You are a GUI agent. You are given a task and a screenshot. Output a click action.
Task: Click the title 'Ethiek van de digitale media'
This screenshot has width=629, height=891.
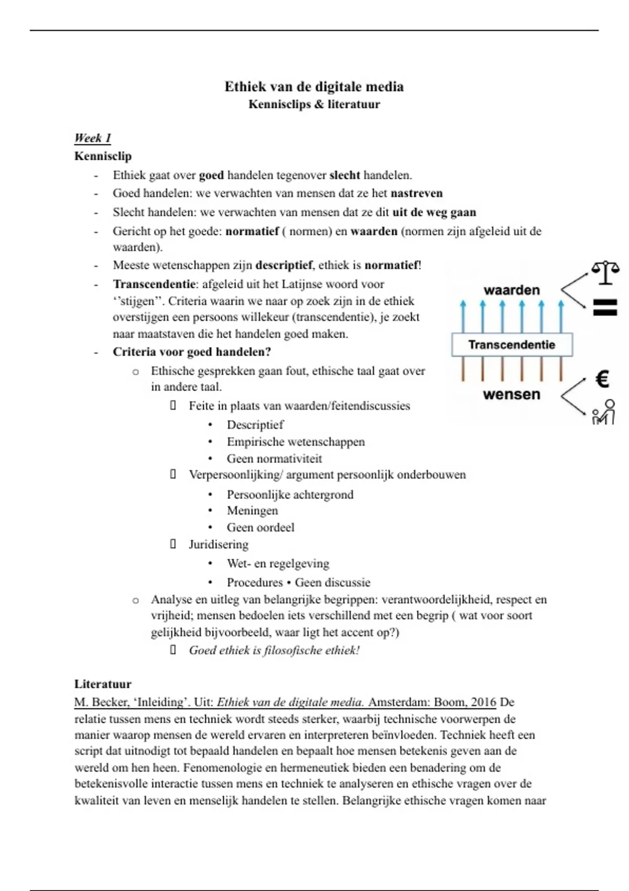click(314, 86)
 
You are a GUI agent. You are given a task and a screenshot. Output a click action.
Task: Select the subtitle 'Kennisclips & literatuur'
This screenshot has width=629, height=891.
click(314, 104)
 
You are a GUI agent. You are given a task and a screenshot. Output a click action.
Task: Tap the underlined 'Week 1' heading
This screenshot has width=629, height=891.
click(92, 138)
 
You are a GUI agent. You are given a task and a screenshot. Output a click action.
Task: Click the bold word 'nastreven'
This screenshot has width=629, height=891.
click(416, 193)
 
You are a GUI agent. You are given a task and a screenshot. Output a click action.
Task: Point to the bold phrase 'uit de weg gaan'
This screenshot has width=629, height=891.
click(434, 212)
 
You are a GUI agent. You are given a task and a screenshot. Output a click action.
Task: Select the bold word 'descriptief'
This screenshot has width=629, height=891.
click(284, 265)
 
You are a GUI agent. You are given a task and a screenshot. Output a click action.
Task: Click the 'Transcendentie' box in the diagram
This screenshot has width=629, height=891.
click(512, 345)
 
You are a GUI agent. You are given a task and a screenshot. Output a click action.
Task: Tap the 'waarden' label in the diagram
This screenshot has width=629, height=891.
click(511, 290)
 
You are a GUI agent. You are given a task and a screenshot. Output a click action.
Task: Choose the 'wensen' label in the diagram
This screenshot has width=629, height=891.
click(511, 394)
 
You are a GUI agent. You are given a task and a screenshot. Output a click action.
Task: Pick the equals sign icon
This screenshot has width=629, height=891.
click(605, 307)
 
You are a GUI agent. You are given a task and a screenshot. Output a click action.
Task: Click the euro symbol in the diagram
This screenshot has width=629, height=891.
click(603, 379)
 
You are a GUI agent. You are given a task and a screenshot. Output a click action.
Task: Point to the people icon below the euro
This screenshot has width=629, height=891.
click(603, 412)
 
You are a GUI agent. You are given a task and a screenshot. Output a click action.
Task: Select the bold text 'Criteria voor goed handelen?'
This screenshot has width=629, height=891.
click(191, 352)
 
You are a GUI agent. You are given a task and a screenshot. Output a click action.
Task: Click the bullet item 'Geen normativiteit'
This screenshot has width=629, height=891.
click(274, 459)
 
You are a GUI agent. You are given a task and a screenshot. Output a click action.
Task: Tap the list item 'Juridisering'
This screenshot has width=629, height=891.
click(219, 545)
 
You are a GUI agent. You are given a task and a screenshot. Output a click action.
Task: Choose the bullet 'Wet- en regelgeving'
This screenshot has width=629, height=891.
click(278, 564)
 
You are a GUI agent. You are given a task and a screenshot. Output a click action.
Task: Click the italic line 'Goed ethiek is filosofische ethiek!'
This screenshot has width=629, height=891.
click(274, 650)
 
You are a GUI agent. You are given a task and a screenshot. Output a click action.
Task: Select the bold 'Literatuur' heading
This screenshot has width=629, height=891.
click(103, 684)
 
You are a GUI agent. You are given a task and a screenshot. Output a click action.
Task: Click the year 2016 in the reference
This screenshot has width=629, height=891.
click(483, 702)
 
